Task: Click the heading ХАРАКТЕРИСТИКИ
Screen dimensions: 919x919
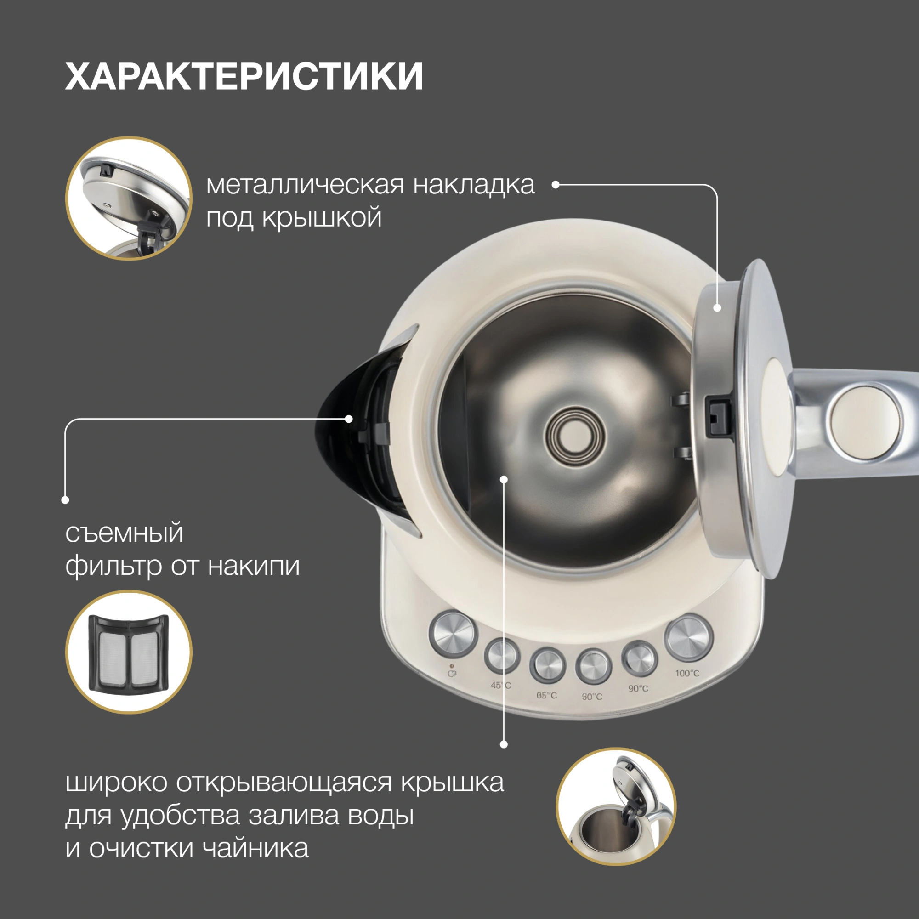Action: coord(244,76)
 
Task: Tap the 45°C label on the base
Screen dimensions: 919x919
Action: coord(501,686)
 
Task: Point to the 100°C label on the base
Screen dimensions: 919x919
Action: coord(687,673)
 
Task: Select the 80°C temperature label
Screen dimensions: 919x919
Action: coord(592,697)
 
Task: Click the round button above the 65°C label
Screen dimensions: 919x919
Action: coord(548,665)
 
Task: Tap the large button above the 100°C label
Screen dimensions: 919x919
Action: coord(689,638)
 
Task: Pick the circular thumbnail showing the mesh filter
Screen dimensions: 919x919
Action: coord(129,652)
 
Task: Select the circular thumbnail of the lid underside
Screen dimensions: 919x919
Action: coord(129,199)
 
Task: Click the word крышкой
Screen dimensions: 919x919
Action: coord(322,218)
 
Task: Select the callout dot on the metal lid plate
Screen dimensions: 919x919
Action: coord(717,308)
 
